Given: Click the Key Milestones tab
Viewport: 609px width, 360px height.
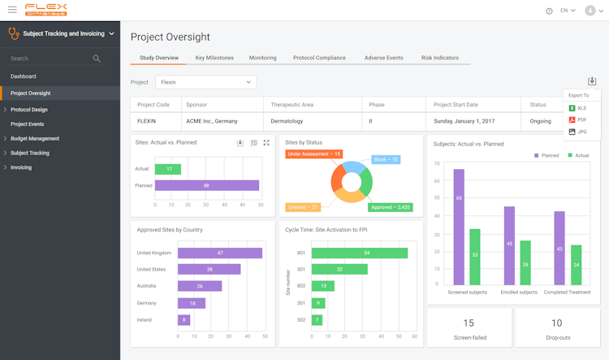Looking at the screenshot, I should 214,58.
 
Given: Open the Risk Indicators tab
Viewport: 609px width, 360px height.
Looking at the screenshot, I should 439,58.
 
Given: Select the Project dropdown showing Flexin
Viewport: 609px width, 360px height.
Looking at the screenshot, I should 205,82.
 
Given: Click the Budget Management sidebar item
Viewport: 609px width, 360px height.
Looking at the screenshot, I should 35,139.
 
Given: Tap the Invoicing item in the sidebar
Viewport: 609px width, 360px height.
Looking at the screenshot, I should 21,167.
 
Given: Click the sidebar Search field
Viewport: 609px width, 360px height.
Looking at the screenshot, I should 49,59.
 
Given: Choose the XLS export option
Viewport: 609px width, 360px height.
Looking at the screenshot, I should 581,108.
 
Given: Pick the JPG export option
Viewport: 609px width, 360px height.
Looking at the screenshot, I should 581,132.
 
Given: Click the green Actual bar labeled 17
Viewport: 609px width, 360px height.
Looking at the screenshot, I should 168,169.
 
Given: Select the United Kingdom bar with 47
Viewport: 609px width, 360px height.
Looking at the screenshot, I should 219,253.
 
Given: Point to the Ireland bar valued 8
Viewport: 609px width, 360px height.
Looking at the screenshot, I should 185,319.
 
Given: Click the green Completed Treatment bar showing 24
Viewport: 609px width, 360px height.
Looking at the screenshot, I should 576,265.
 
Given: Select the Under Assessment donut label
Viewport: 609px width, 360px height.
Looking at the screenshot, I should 314,154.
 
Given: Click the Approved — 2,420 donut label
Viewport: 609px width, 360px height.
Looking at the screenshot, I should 390,207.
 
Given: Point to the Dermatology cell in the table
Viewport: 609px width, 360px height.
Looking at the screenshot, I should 287,120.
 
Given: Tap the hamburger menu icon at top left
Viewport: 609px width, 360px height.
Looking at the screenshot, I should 11,10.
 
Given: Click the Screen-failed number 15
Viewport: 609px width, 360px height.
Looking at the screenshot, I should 469,323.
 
